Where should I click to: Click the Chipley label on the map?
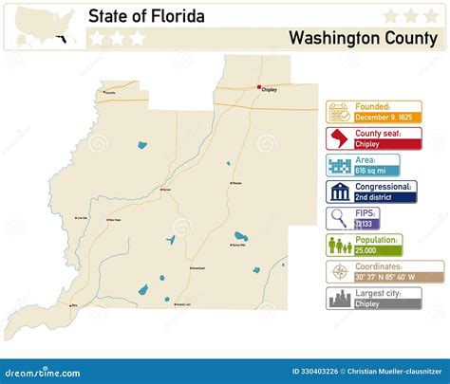pos(271,93)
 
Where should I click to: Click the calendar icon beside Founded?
pos(338,112)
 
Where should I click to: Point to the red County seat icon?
pos(338,139)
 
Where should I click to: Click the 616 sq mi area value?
pos(371,171)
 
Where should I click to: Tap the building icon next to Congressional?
pos(338,192)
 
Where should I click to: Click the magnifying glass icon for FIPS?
pos(338,219)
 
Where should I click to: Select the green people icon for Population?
pos(338,246)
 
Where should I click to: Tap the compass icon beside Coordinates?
pos(338,272)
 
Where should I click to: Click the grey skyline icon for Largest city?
pos(338,299)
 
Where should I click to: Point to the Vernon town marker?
pos(161,189)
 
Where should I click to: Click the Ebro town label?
pos(75,305)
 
